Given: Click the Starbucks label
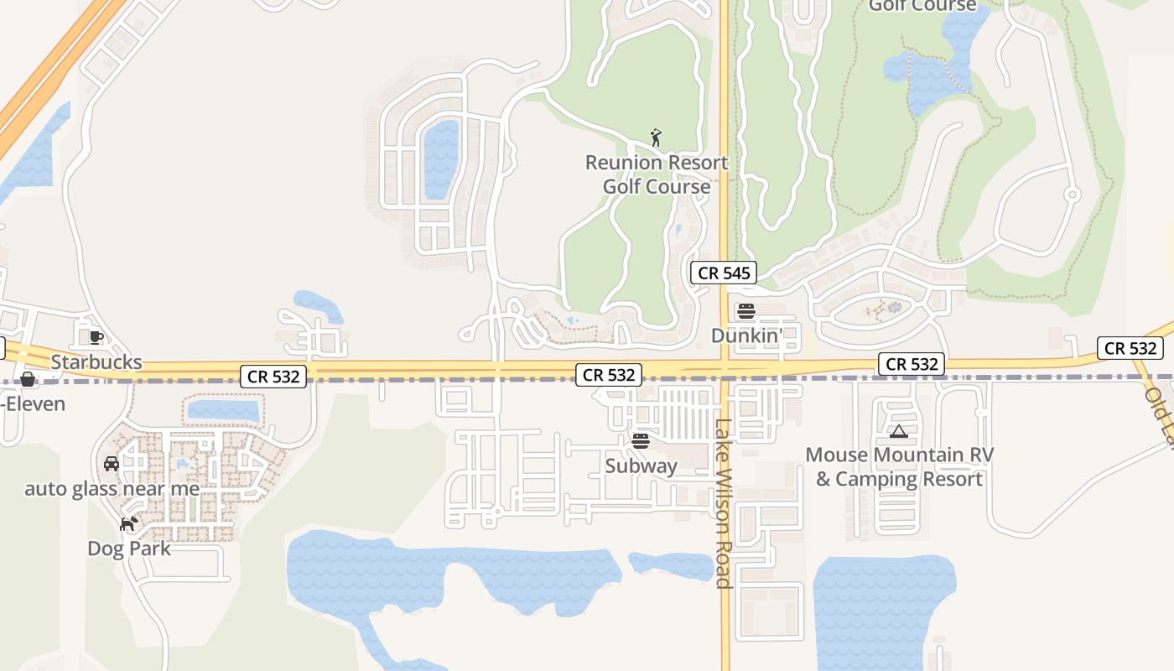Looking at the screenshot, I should coord(96,363).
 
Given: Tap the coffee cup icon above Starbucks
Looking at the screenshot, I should coord(96,337).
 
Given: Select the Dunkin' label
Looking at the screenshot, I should coord(746,335).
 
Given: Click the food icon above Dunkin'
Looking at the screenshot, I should coord(746,311).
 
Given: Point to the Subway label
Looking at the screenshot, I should coord(641,466).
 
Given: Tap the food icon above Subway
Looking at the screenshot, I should coord(641,440).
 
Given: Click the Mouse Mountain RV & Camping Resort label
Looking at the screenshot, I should coord(899,467).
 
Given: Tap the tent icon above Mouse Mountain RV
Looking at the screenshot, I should coord(899,432).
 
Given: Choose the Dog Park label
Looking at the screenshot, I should coord(129,549).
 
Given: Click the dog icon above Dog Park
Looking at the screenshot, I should coord(128,524).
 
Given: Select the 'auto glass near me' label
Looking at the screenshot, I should coord(112,489).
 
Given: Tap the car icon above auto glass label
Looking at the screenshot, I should coord(111,464).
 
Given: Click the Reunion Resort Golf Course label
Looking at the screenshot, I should coord(657,174).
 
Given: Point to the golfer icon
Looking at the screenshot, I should coord(656,137).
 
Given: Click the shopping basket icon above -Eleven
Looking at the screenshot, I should coord(28,379).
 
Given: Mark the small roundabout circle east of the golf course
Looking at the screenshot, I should coord(1071,195).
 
